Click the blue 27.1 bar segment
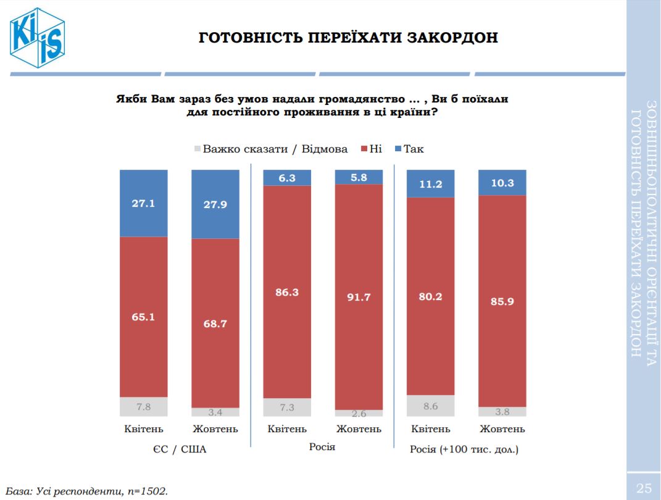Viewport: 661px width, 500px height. (143, 203)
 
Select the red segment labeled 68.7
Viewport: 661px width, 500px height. (215, 322)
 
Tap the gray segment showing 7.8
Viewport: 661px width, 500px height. (143, 406)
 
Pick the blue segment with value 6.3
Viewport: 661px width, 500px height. (286, 178)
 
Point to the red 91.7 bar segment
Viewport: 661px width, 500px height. (358, 297)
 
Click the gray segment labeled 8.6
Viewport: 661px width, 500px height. (430, 405)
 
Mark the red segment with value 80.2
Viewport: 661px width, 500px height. (430, 296)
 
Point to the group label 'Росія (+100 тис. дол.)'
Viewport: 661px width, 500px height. (464, 449)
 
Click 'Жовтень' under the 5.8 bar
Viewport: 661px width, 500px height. (358, 429)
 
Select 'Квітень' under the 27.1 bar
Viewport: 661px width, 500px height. (143, 429)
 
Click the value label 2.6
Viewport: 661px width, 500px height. (358, 414)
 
